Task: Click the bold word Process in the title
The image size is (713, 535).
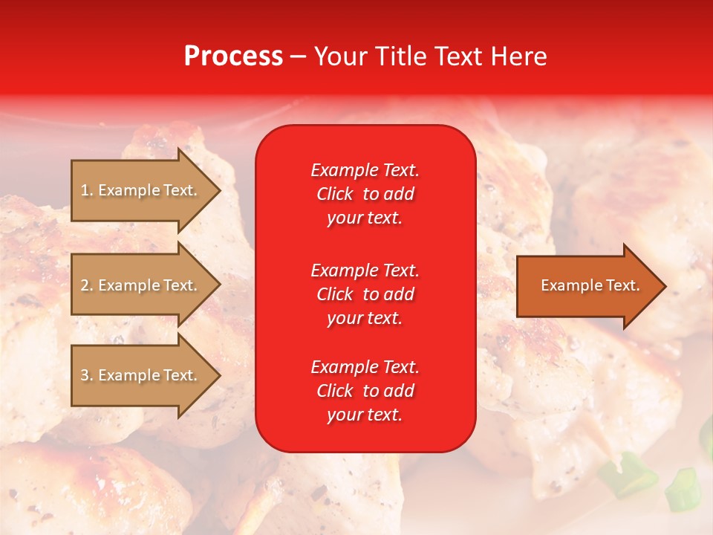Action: tap(233, 56)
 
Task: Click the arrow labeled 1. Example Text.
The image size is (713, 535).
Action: tap(141, 190)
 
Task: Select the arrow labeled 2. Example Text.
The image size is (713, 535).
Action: tap(141, 285)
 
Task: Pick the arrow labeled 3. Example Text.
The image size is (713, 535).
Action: tap(141, 375)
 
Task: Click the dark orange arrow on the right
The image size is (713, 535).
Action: tap(587, 286)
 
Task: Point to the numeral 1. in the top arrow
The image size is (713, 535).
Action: tap(86, 190)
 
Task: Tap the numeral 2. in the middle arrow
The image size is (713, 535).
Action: tap(86, 285)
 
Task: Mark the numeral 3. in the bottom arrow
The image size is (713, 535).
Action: tap(86, 375)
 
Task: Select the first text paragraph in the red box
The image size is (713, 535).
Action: tap(365, 194)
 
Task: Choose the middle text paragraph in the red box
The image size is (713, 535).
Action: tap(365, 294)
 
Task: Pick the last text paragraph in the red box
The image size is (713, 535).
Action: tap(365, 391)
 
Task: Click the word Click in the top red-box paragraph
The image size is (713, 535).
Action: tap(335, 195)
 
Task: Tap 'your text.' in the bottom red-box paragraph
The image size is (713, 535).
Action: tap(365, 415)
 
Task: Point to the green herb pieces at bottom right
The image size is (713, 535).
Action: tap(679, 490)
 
